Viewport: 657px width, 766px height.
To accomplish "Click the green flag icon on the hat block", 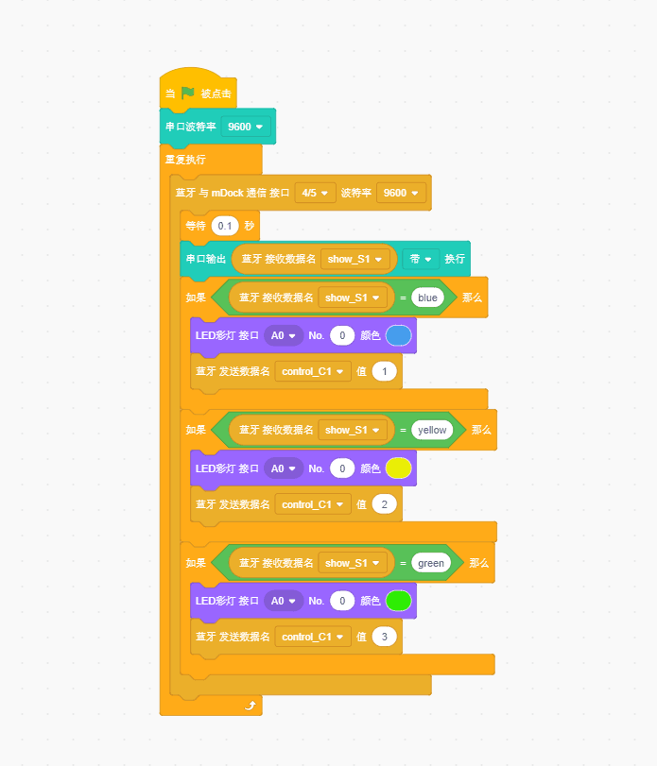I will (187, 93).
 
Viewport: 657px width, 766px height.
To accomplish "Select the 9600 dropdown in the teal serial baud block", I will (246, 126).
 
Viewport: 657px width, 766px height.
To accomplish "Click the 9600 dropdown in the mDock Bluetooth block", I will (401, 193).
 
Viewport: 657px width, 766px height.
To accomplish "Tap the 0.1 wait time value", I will (225, 226).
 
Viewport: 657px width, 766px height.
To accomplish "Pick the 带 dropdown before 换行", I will (421, 258).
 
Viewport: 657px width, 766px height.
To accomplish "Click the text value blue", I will (427, 298).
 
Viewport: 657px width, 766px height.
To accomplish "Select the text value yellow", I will (432, 430).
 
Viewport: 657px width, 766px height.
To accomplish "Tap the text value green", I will (431, 563).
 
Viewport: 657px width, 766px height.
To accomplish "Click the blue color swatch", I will (398, 335).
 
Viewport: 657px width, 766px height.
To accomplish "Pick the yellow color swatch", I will (398, 468).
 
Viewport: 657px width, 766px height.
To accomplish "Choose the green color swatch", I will (398, 600).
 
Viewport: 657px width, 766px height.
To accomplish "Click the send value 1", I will (385, 372).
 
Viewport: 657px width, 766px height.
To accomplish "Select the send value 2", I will (385, 504).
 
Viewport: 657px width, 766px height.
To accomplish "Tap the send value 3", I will (385, 637).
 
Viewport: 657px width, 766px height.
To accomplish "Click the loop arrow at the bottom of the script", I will (250, 705).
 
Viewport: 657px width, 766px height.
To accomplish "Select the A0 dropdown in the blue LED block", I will (284, 335).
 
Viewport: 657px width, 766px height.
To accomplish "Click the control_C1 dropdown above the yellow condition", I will (313, 372).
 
